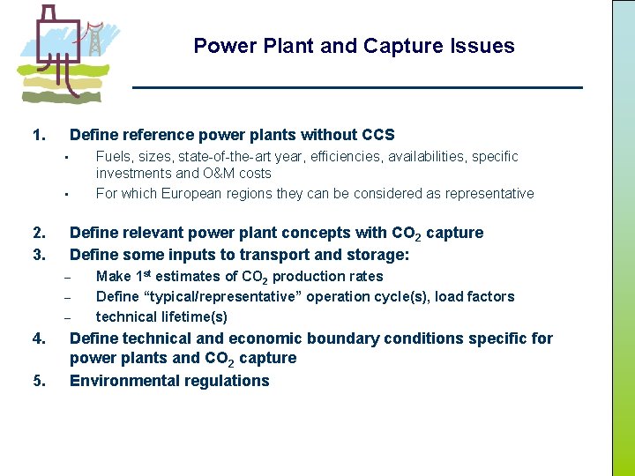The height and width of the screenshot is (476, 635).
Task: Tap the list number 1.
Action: pyautogui.click(x=38, y=135)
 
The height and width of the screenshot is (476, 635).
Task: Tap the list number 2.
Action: pyautogui.click(x=38, y=233)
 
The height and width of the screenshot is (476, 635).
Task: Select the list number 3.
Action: pyautogui.click(x=38, y=256)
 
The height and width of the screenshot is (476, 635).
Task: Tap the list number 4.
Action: pyautogui.click(x=38, y=338)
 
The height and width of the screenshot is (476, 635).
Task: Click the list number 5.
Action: pyautogui.click(x=38, y=381)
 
